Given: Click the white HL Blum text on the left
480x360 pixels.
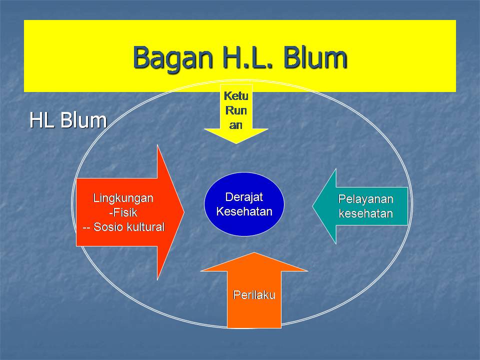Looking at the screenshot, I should coord(68,120).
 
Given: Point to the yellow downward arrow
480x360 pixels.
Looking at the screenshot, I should coord(236,120).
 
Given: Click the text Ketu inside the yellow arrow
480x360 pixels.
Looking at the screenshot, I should coord(236,95).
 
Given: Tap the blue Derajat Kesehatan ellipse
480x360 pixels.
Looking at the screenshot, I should coord(244,204).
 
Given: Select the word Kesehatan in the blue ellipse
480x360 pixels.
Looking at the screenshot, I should coord(244,211).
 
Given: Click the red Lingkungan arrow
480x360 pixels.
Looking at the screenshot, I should coord(125,212).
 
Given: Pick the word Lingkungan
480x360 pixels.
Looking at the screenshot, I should coord(123,198).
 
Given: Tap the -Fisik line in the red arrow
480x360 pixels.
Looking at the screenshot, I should coord(123,212).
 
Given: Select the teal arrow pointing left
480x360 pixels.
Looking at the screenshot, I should coord(365,206).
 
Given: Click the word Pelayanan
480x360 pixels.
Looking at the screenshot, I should coord(366,199).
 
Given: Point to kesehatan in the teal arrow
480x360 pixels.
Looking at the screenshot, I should coord(366,214).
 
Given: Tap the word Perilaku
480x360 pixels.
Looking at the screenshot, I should coord(254,295).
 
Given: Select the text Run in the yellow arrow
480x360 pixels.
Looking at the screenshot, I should coord(236,110).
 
